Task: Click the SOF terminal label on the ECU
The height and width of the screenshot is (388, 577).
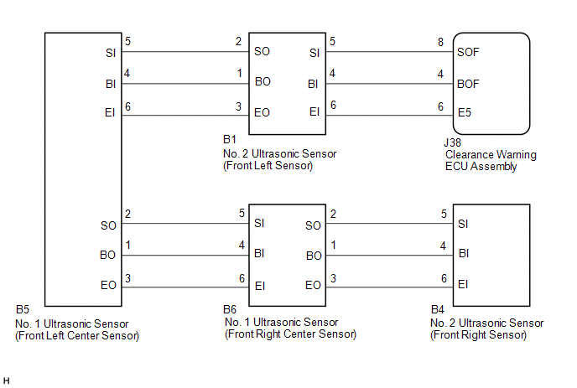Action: click(468, 52)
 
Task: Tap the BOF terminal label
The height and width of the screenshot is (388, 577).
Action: click(468, 84)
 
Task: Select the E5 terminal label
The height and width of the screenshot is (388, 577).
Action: click(465, 112)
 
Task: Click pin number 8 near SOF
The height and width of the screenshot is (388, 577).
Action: click(440, 42)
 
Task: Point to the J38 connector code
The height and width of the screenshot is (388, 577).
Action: click(452, 142)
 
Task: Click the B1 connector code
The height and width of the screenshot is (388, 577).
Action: click(230, 139)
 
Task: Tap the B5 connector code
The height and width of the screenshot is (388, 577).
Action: click(23, 309)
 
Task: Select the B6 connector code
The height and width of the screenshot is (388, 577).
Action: click(230, 309)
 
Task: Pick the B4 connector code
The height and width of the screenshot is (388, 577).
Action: click(438, 309)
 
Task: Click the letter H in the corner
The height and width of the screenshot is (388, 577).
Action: click(6, 381)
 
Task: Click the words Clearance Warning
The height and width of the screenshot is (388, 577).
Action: click(491, 155)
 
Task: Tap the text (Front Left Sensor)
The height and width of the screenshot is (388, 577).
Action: click(268, 166)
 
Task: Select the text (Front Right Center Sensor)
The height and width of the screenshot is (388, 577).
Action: click(291, 334)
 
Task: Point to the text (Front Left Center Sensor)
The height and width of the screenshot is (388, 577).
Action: click(77, 336)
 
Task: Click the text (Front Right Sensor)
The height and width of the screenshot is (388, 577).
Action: click(478, 335)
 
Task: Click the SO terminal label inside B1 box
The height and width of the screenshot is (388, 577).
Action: click(262, 51)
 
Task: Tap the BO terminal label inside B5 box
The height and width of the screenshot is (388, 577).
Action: click(108, 256)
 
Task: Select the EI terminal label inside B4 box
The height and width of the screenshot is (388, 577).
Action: click(463, 284)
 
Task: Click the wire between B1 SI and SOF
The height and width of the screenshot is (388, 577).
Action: click(389, 52)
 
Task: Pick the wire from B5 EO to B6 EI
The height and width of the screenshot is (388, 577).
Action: click(185, 287)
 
